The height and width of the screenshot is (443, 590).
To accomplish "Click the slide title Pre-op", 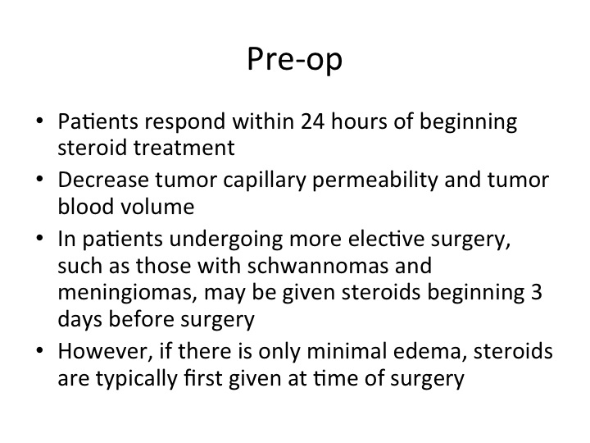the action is (295, 59).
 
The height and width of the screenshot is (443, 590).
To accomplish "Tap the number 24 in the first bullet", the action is (313, 121).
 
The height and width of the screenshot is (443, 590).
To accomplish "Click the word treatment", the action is (184, 148).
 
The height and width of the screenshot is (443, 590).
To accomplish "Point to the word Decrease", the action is (103, 180).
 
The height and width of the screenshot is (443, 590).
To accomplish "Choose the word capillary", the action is (265, 180).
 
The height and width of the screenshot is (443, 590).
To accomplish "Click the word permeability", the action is (375, 180).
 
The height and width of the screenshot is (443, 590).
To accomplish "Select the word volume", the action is (157, 206).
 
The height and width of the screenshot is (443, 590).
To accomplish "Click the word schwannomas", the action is (318, 266).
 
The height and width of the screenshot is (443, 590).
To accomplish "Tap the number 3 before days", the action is (537, 292).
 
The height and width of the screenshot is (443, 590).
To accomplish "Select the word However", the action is (105, 351).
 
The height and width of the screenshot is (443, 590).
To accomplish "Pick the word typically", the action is (137, 378).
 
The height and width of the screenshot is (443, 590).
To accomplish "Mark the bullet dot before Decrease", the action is (40, 179).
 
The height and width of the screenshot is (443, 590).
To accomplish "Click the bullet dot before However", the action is (40, 350).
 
